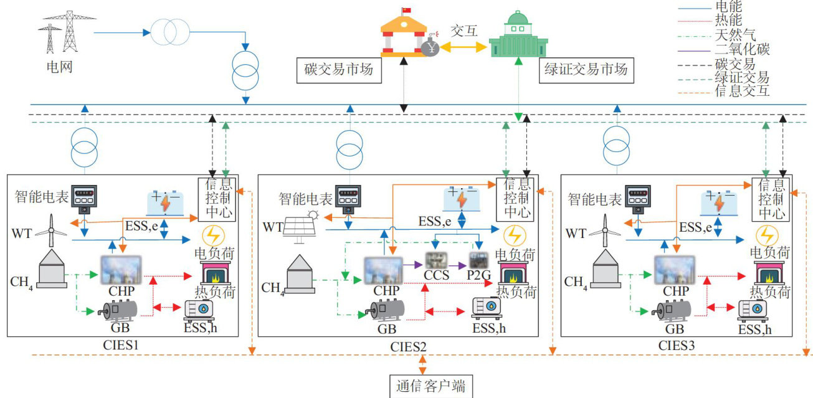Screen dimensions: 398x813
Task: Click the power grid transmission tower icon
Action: pos(62,31)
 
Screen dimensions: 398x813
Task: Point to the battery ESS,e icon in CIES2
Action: pos(461,199)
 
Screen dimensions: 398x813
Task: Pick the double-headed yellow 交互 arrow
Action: pos(462,47)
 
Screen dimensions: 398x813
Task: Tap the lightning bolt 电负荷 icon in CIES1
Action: pos(214,235)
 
